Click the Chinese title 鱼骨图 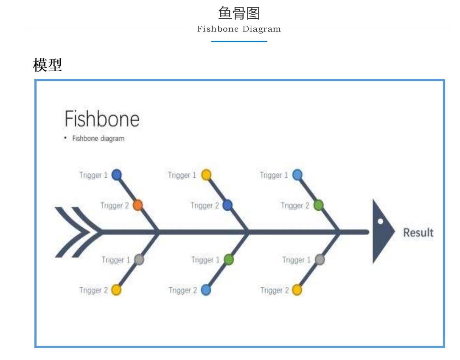pyautogui.click(x=239, y=14)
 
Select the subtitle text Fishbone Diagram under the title pyautogui.click(x=239, y=29)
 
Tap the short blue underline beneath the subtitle pyautogui.click(x=239, y=41)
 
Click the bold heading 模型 pyautogui.click(x=47, y=65)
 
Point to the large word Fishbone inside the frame pyautogui.click(x=102, y=119)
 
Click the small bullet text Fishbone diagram pyautogui.click(x=98, y=138)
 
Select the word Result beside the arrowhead pyautogui.click(x=418, y=232)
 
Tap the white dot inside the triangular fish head pyautogui.click(x=380, y=222)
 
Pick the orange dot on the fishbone pyautogui.click(x=137, y=205)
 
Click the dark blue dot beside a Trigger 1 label pyautogui.click(x=116, y=175)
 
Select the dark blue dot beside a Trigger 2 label pyautogui.click(x=227, y=205)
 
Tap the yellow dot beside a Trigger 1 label pyautogui.click(x=206, y=175)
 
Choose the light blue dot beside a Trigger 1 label pyautogui.click(x=297, y=175)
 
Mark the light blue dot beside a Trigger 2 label pyautogui.click(x=206, y=290)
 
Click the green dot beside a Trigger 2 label pyautogui.click(x=319, y=205)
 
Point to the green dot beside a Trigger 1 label pyautogui.click(x=229, y=260)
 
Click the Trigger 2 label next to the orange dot pyautogui.click(x=115, y=206)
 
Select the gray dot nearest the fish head pyautogui.click(x=320, y=260)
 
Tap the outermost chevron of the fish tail pyautogui.click(x=72, y=232)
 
